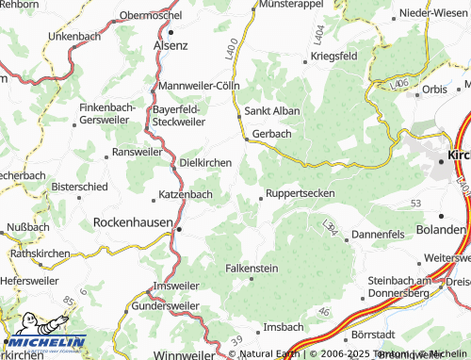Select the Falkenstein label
pos(252,268)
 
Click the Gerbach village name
pos(271,134)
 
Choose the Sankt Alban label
pos(272,110)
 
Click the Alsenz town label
pos(171,44)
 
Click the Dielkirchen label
pos(205,162)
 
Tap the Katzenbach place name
pos(185,195)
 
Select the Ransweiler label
pos(137,151)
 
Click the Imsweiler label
pos(176,286)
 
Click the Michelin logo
pos(44,344)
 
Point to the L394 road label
pos(329,227)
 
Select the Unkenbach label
pos(74,35)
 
